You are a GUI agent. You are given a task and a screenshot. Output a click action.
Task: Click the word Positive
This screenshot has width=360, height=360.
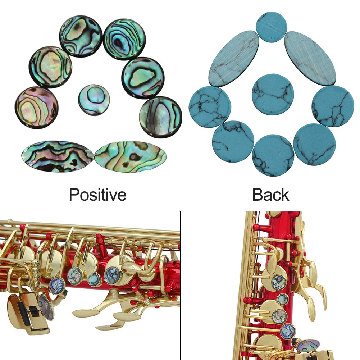pyautogui.click(x=97, y=195)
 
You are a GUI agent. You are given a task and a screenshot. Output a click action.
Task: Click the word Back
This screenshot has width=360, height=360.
pyautogui.click(x=270, y=195)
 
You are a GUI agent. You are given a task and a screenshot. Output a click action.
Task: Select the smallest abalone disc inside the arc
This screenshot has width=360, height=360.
pyautogui.click(x=94, y=100)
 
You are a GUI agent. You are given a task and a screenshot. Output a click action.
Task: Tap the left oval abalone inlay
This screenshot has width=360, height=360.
pyautogui.click(x=58, y=156)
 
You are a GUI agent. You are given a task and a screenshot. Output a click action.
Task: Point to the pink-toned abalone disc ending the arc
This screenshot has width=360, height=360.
pyautogui.click(x=36, y=107)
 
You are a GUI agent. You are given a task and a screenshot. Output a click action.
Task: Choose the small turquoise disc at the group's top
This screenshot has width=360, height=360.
pyautogui.click(x=272, y=27)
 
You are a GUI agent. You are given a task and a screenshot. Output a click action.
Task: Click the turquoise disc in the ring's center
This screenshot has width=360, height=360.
pyautogui.click(x=273, y=94)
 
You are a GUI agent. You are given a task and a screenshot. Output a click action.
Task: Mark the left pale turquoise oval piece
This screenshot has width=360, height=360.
pyautogui.click(x=234, y=59)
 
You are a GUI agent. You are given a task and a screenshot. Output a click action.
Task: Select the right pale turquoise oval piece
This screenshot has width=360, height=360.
pyautogui.click(x=310, y=58)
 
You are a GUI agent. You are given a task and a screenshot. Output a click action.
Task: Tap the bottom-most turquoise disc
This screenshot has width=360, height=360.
pyautogui.click(x=273, y=155)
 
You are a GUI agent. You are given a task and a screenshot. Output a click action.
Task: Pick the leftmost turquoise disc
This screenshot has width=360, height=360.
pyautogui.click(x=210, y=107)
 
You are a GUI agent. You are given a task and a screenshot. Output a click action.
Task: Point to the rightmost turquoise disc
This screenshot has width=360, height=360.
pyautogui.click(x=333, y=106)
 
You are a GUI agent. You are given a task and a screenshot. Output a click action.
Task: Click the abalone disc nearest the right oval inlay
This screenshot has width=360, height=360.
pyautogui.click(x=160, y=117)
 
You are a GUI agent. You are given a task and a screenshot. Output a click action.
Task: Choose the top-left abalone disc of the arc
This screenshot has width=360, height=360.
pyautogui.click(x=81, y=36)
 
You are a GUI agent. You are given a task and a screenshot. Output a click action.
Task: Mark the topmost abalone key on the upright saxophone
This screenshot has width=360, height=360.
pyautogui.click(x=279, y=282)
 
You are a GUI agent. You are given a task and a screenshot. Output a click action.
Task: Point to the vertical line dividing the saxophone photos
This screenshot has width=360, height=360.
pyautogui.click(x=180, y=286)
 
